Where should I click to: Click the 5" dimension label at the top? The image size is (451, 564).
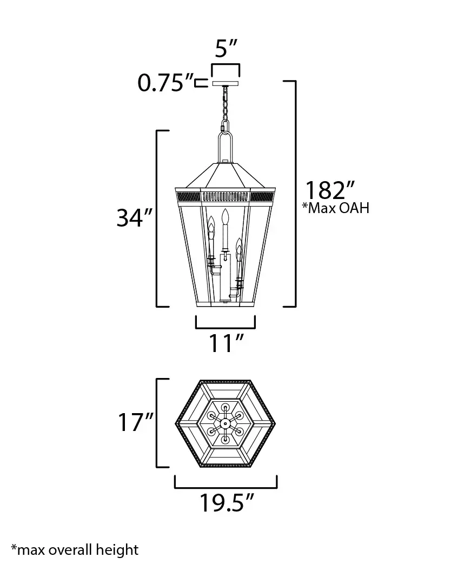coord(226,49)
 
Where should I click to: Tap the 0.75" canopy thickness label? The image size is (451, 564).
coord(165,83)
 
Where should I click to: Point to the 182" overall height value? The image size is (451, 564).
coord(330,190)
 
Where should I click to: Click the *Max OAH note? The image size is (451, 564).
coord(336,208)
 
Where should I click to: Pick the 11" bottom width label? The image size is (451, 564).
coord(226,343)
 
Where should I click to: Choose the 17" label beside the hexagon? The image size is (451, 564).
coord(136,422)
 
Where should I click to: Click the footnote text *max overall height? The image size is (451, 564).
coord(75,550)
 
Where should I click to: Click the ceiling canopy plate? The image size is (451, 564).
coord(225,83)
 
